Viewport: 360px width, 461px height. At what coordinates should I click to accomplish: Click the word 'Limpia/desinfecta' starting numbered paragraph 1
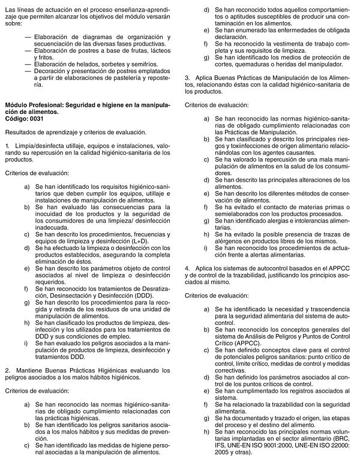(x=35, y=146)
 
